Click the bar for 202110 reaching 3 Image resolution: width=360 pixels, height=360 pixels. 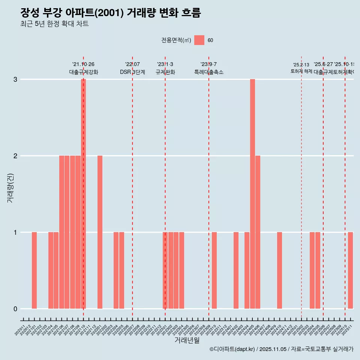tap(83, 193)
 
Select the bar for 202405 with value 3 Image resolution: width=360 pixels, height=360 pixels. tap(252, 193)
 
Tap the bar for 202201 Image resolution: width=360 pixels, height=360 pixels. tap(100, 232)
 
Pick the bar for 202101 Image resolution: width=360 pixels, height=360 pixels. tap(34, 270)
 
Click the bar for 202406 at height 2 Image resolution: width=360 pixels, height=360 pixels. tap(258, 232)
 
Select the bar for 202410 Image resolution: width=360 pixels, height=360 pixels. tap(280, 270)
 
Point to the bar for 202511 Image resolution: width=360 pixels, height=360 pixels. tap(350, 270)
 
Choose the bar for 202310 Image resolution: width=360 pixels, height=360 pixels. tap(214, 270)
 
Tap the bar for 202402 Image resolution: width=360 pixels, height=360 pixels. tap(236, 270)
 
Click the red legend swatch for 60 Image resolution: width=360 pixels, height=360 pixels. tap(199, 40)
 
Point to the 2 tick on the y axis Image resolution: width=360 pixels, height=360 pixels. tap(15, 156)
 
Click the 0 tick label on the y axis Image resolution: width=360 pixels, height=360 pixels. tap(15, 309)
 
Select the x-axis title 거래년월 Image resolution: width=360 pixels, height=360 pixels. tap(187, 340)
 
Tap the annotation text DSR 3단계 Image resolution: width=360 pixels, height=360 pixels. tap(132, 72)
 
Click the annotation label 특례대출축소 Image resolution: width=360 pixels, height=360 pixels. tap(209, 72)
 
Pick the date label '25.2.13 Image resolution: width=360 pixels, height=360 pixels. tap(301, 65)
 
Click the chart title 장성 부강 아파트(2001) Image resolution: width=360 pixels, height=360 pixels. tap(111, 13)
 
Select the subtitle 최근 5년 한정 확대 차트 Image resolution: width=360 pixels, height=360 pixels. tap(54, 24)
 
